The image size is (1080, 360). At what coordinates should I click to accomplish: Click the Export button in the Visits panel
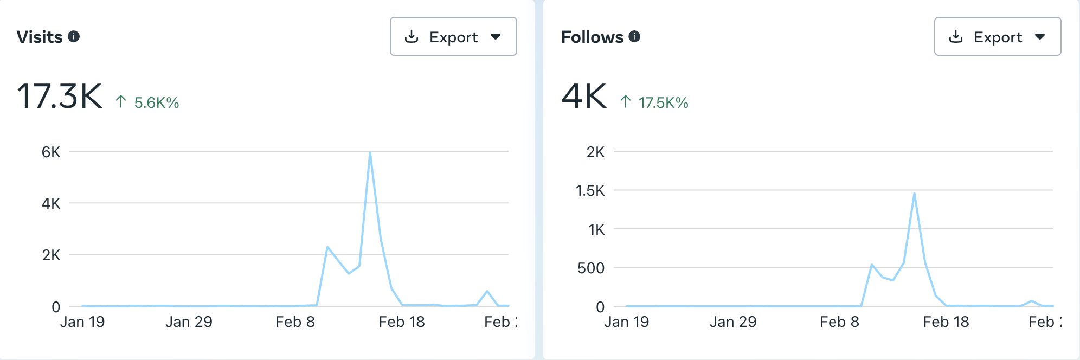tap(453, 36)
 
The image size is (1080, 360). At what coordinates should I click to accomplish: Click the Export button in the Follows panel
tap(997, 36)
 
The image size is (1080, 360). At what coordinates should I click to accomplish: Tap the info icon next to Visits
tap(74, 36)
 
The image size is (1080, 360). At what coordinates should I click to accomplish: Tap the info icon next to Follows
tap(634, 36)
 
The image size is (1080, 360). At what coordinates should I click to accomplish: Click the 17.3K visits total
tap(60, 97)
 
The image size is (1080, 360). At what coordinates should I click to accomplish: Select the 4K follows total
tap(584, 97)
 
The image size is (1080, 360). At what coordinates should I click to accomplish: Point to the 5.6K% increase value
tap(156, 102)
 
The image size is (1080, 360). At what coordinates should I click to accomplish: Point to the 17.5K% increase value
tap(663, 102)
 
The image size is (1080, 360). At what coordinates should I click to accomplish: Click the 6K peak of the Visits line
tap(370, 152)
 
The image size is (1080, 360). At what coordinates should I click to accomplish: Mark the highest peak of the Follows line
tap(914, 194)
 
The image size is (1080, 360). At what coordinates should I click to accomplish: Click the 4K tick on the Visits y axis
tap(51, 203)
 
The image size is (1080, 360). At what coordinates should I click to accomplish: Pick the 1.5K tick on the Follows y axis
tap(590, 190)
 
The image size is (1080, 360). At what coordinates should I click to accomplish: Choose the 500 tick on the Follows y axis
tap(591, 268)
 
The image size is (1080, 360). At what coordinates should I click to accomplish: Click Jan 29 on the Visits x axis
tap(189, 322)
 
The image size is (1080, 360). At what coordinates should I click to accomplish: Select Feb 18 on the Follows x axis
tap(946, 322)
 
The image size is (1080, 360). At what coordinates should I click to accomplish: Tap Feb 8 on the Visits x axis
tap(295, 322)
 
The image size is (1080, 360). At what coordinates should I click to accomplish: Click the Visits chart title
tap(40, 37)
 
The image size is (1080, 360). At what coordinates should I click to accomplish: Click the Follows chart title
tap(592, 37)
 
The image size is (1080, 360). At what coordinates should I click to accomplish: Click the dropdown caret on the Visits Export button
tap(496, 37)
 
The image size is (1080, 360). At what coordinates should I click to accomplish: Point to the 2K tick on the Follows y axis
tap(595, 152)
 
